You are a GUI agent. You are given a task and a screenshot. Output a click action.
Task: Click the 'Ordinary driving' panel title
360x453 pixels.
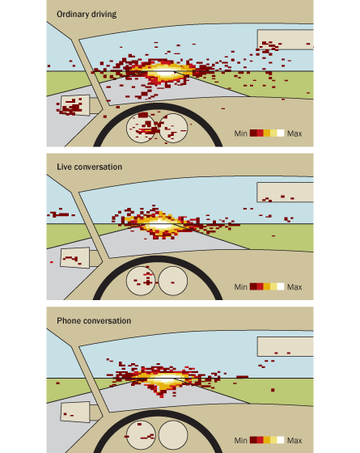87,15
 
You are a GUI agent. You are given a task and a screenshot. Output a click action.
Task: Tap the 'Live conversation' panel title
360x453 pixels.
89,167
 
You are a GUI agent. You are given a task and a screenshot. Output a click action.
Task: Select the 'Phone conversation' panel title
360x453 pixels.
94,320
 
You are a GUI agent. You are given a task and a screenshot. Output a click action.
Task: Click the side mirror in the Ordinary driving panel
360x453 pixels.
75,105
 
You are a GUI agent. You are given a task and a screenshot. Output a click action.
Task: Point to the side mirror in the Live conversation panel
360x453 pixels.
74,258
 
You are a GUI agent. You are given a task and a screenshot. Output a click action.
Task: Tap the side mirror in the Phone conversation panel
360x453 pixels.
74,412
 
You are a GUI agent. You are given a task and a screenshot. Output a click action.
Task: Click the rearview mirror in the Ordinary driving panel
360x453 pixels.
285,40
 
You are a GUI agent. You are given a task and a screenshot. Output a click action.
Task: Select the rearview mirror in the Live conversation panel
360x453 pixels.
285,193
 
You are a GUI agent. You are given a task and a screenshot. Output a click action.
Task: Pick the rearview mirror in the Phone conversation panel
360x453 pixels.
285,346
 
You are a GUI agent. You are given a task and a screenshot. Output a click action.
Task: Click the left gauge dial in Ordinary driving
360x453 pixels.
141,128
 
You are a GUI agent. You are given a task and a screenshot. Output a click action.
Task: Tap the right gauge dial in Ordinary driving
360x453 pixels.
173,128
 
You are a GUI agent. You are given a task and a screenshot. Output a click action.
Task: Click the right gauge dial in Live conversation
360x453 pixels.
173,281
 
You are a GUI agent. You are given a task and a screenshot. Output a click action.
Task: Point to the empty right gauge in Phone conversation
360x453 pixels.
173,435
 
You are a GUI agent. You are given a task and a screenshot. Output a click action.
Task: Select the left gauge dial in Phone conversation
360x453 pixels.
141,435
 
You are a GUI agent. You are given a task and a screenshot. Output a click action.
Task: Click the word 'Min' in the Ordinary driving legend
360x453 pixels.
241,133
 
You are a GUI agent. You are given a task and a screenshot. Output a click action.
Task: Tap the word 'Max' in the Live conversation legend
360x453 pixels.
294,287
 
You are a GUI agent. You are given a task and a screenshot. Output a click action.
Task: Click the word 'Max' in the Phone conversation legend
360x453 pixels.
294,440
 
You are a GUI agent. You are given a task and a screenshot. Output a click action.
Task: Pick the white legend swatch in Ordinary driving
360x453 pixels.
281,133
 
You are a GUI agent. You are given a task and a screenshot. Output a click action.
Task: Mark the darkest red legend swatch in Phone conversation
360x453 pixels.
253,440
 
